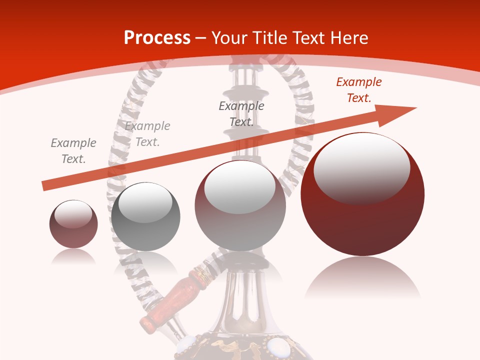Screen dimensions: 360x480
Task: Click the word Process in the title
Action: click(x=157, y=38)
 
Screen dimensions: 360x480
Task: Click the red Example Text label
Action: click(x=358, y=90)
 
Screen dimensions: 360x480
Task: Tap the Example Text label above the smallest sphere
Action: click(x=73, y=151)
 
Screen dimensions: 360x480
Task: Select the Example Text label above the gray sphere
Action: click(x=147, y=134)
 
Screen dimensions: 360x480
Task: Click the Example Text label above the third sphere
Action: click(x=241, y=114)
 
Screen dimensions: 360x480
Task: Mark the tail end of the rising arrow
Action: click(x=44, y=186)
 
